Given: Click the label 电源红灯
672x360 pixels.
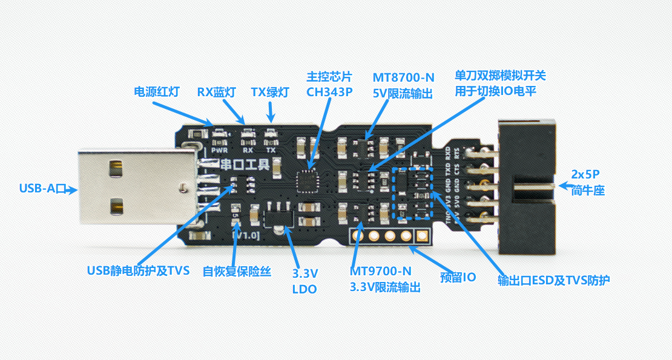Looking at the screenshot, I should coord(156,93).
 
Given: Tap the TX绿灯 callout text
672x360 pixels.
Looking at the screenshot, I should coord(270,93).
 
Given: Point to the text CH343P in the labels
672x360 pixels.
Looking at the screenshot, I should coord(329,93).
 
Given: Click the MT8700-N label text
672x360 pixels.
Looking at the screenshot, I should coord(403,77).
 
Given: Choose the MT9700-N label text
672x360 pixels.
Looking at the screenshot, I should coord(381,272).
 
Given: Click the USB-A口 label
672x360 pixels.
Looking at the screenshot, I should coord(42,189).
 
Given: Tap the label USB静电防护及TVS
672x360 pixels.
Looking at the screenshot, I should coord(139,270).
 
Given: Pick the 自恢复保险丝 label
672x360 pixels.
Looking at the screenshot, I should coord(237,272).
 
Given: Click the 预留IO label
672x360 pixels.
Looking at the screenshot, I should coord(458,277).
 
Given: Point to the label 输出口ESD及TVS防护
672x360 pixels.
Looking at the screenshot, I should coord(553,280).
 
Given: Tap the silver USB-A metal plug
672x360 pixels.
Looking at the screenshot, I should coord(133,188).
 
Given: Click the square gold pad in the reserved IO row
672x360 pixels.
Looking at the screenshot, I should coord(421,236).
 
